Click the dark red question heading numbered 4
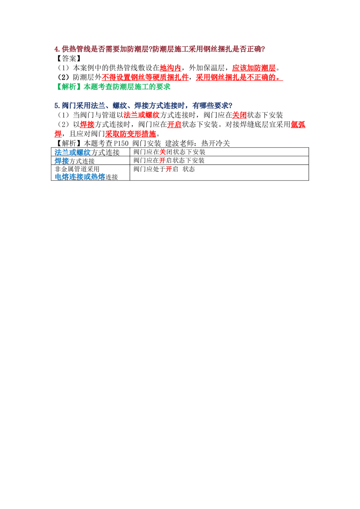point(158,49)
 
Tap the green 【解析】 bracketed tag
point(68,87)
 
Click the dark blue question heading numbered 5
point(143,105)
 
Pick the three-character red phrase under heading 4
point(170,68)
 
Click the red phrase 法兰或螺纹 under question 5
point(141,115)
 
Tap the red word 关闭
point(239,116)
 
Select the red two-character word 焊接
point(87,125)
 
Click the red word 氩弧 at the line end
point(298,125)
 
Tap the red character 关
point(162,152)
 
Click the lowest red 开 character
point(168,169)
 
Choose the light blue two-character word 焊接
point(61,161)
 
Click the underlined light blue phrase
point(80,177)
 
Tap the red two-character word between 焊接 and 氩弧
point(176,125)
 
